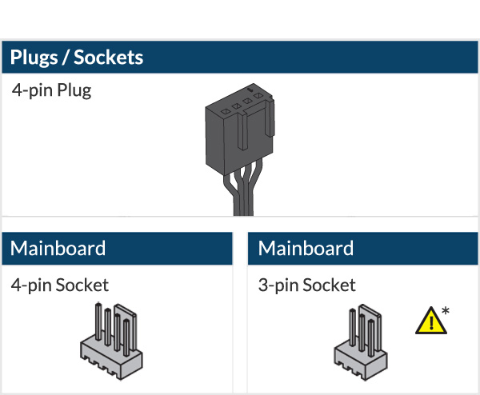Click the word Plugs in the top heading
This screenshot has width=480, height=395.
point(36,58)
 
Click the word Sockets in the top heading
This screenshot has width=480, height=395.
point(111,58)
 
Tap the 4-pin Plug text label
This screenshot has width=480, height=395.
point(51,90)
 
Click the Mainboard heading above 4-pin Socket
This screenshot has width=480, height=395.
point(58,248)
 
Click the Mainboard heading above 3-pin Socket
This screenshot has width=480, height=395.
point(306,248)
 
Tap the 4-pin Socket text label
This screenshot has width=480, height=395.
point(60,285)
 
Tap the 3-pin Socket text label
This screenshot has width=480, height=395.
point(307,285)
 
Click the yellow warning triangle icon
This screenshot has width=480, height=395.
point(430,321)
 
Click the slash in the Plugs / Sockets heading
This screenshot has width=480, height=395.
point(71,58)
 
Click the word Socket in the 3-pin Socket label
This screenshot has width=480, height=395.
point(329,285)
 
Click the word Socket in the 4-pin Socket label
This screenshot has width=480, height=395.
point(82,285)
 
